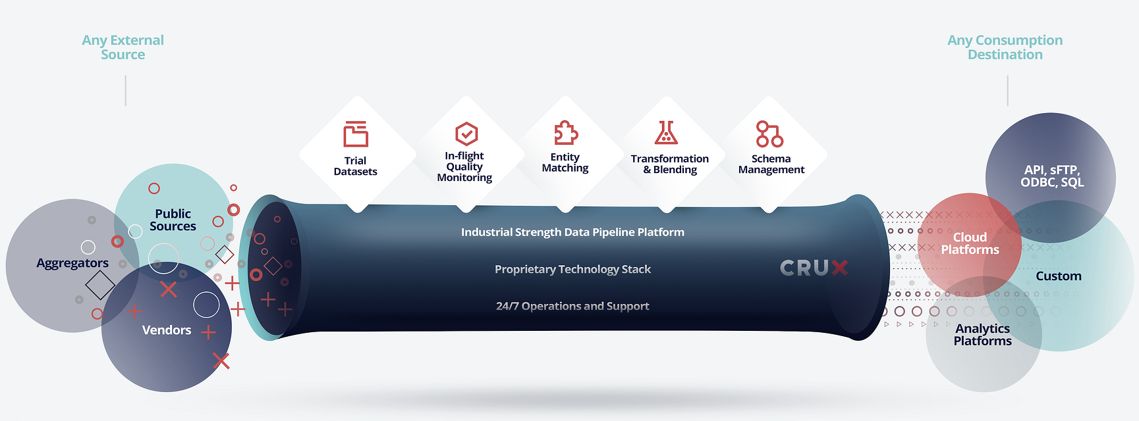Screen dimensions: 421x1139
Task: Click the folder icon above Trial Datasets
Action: (x=356, y=134)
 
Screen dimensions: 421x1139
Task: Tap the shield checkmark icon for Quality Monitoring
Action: (x=466, y=134)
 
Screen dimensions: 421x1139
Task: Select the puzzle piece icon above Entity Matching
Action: (x=565, y=133)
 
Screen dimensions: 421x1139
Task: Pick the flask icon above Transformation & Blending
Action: (x=666, y=132)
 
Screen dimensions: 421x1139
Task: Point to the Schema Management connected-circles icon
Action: (x=769, y=134)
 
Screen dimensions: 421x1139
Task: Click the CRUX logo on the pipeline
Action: (x=814, y=268)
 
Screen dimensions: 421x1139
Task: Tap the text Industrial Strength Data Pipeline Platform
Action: (x=572, y=232)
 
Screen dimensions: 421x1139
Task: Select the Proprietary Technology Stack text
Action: (x=572, y=269)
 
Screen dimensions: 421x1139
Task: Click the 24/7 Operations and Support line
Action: (x=572, y=306)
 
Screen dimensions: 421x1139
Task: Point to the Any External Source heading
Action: (x=123, y=47)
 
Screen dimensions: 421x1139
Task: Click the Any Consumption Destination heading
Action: (x=1005, y=47)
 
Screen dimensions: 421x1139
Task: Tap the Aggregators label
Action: (x=72, y=263)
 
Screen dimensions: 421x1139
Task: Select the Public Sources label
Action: (x=173, y=220)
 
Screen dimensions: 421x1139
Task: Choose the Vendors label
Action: (x=167, y=330)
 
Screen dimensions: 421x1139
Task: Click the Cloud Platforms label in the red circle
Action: (x=970, y=243)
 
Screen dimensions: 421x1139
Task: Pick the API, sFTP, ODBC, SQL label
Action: (x=1052, y=176)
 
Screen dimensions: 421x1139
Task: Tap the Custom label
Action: (x=1059, y=276)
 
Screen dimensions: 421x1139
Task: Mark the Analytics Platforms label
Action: (x=982, y=334)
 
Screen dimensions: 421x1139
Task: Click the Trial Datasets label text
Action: (x=356, y=166)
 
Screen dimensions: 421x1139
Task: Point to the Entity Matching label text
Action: (x=565, y=162)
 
